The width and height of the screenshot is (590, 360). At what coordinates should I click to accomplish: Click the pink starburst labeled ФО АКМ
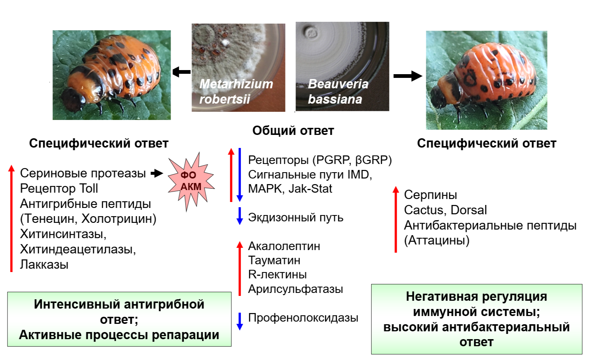click(191, 181)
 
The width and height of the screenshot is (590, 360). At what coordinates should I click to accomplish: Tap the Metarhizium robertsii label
click(236, 92)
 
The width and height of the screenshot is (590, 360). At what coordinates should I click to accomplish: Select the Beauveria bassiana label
click(338, 92)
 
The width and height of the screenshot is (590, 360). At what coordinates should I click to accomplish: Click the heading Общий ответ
click(293, 131)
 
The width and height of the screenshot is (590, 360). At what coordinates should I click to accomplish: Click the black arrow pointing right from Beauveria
click(407, 76)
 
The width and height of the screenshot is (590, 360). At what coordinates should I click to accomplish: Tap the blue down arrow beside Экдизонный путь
click(240, 216)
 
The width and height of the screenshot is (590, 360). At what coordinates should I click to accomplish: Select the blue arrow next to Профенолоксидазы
click(240, 321)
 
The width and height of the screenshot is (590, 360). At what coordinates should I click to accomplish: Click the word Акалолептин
click(284, 246)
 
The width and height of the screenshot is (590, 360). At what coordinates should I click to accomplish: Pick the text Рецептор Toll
click(59, 189)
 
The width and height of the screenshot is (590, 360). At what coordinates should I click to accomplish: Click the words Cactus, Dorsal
click(445, 210)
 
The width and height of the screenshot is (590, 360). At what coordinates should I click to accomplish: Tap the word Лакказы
click(44, 265)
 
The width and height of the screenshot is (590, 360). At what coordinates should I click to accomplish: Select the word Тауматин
click(274, 260)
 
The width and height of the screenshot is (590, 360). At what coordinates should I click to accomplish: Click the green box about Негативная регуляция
click(476, 319)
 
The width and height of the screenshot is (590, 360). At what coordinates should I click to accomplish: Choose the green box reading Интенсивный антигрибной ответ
click(119, 319)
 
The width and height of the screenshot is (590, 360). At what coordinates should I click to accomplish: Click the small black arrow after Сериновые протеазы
click(157, 173)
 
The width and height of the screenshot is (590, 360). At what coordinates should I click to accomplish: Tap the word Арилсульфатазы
click(295, 289)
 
